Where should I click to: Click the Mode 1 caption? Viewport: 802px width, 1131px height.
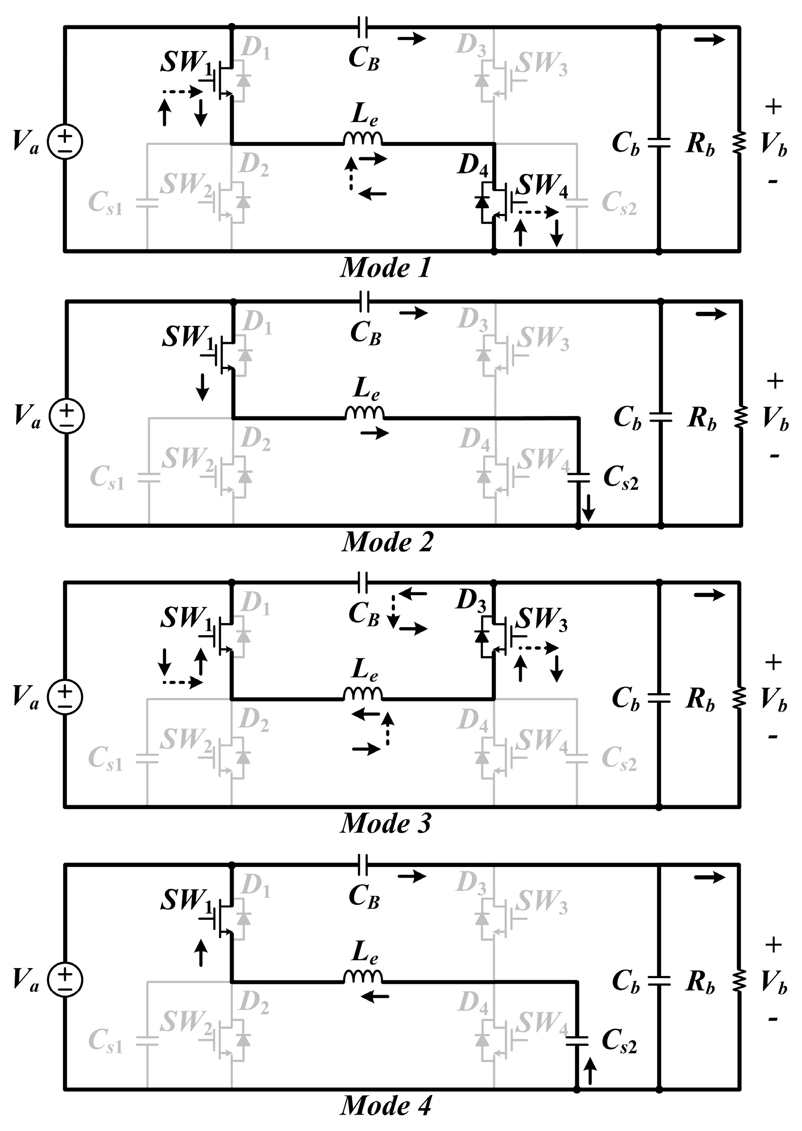pyautogui.click(x=385, y=268)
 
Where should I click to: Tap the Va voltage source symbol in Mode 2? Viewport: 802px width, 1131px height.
pyautogui.click(x=67, y=416)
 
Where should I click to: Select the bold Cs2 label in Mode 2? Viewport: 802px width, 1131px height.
pyautogui.click(x=621, y=478)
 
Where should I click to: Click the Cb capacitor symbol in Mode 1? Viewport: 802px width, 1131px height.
pyautogui.click(x=659, y=143)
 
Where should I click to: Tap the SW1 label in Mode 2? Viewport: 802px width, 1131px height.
pyautogui.click(x=188, y=337)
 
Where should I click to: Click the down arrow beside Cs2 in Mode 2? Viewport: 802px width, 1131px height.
pyautogui.click(x=588, y=508)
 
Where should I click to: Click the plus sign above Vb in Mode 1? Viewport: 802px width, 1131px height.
pyautogui.click(x=773, y=107)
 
